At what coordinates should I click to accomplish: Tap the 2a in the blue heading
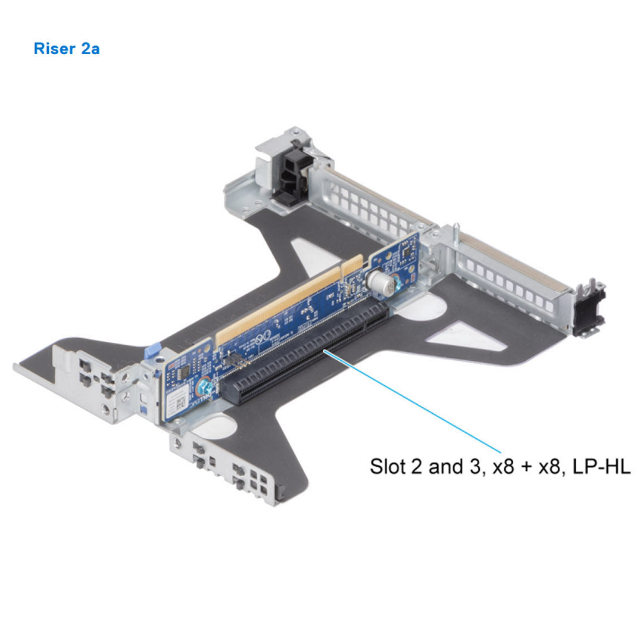pyautogui.click(x=90, y=48)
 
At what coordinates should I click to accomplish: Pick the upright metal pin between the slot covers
pyautogui.click(x=456, y=233)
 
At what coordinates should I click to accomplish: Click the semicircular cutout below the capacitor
pyautogui.click(x=429, y=309)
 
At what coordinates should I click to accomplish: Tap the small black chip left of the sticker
pyautogui.click(x=184, y=371)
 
